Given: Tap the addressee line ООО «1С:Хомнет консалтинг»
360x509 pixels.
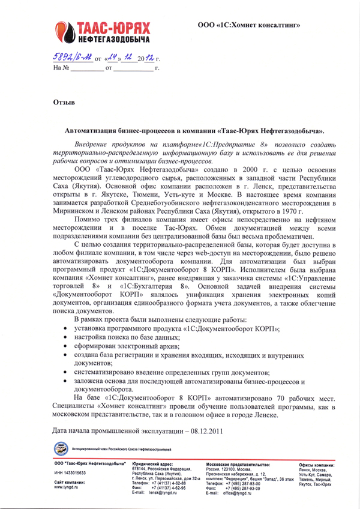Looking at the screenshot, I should [248, 25].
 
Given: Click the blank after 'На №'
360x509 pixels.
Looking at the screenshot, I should [83, 69].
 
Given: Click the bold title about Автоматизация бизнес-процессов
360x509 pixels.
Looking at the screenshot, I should [194, 130].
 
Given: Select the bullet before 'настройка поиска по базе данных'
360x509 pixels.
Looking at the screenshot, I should [65, 339].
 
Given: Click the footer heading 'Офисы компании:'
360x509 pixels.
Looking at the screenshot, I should [316, 465].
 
